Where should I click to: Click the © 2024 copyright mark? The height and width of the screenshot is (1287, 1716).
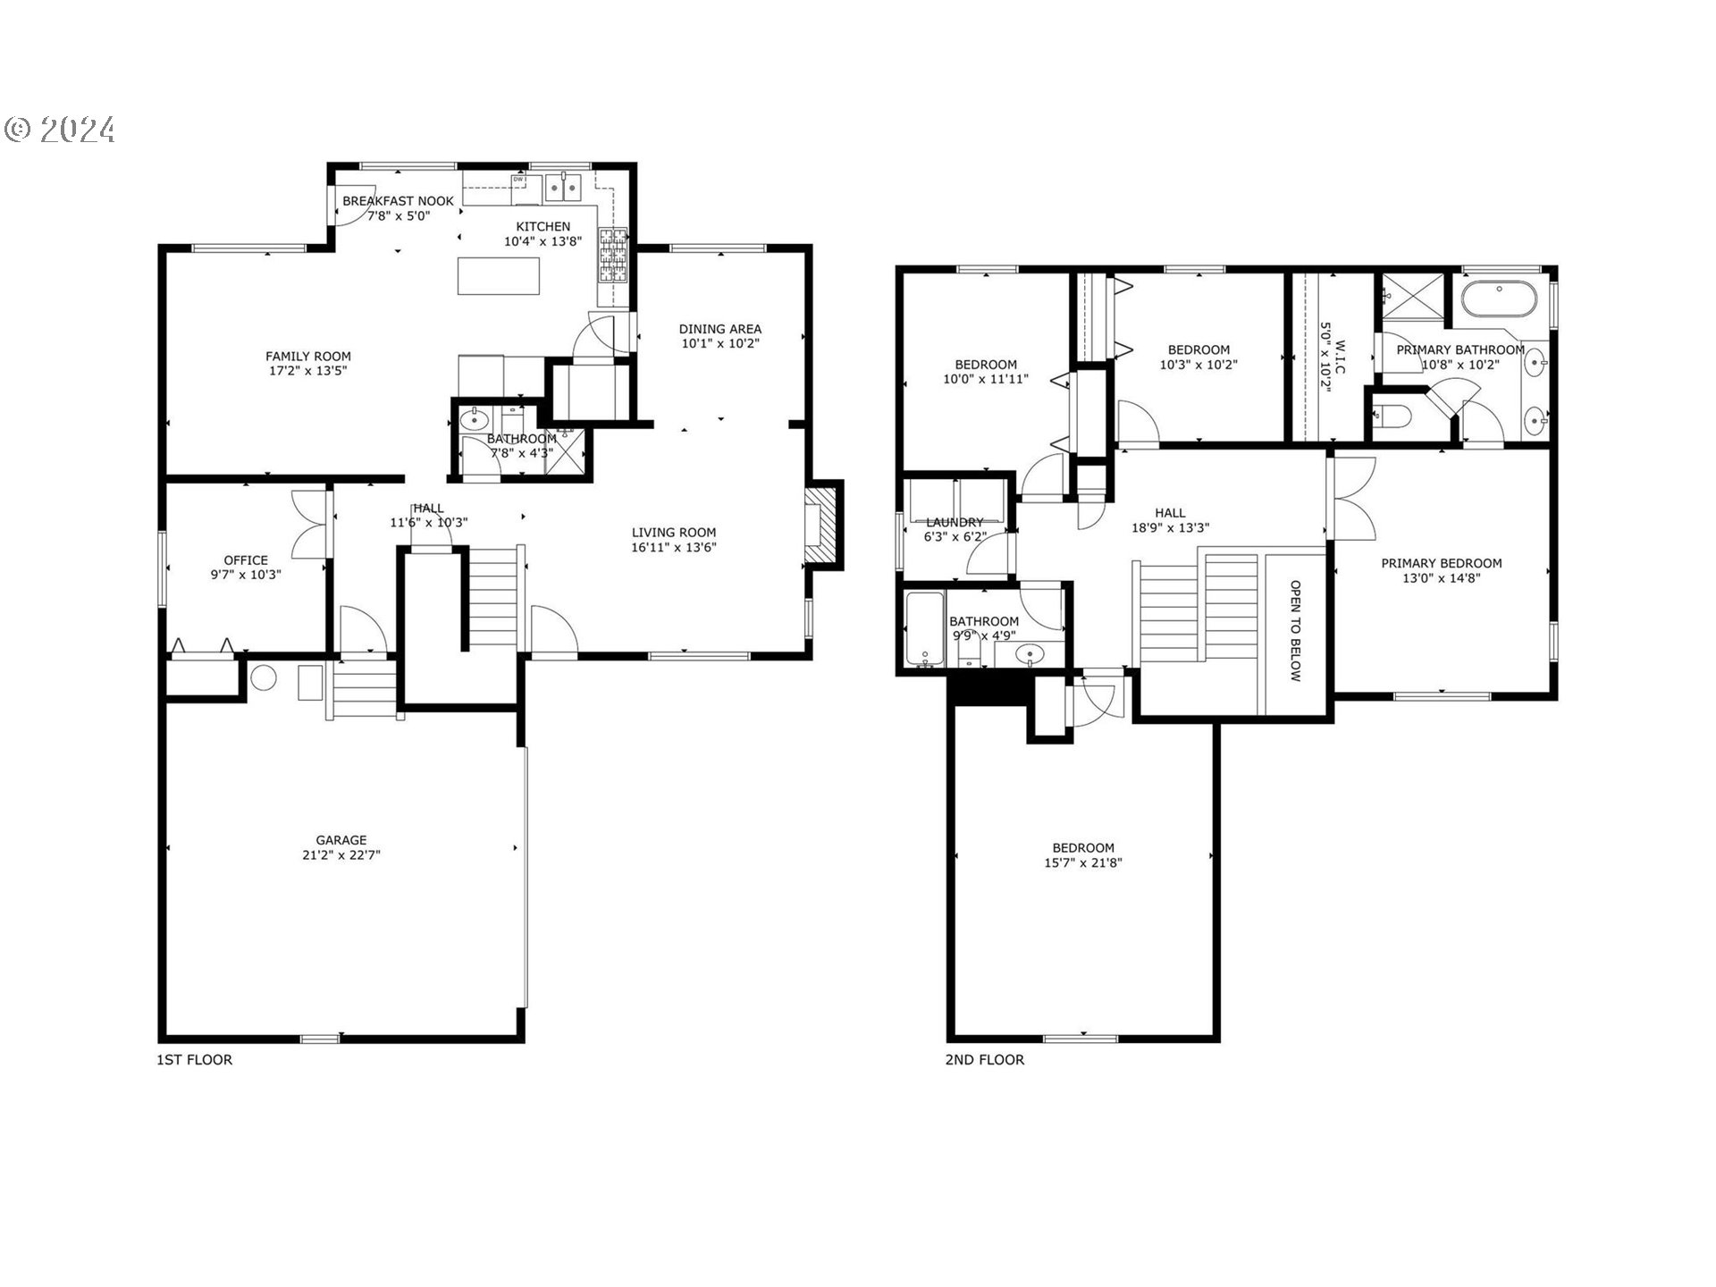[59, 130]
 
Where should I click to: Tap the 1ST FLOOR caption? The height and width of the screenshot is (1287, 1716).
[194, 1060]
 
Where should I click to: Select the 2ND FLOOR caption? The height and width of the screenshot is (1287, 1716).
[984, 1060]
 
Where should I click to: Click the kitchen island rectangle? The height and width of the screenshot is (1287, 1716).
[499, 275]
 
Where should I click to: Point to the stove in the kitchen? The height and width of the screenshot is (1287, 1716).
[613, 256]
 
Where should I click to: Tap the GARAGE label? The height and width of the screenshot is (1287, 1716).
[341, 840]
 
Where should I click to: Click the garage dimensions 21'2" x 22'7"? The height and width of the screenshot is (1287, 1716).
[341, 855]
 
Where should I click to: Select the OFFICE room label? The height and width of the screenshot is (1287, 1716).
[246, 560]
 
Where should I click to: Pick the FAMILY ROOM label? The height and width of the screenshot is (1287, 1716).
[307, 356]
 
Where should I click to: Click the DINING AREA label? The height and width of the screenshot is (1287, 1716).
[719, 328]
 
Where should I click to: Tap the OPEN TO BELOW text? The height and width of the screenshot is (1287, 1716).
[1294, 631]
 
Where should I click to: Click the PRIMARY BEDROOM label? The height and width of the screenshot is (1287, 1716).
[1441, 563]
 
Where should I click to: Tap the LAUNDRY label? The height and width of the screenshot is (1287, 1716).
[955, 522]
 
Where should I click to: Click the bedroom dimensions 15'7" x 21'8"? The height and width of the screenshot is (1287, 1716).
[1083, 863]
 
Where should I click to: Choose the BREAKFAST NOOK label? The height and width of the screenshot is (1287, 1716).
[398, 201]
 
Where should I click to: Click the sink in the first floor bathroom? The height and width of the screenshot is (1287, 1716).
[473, 418]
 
